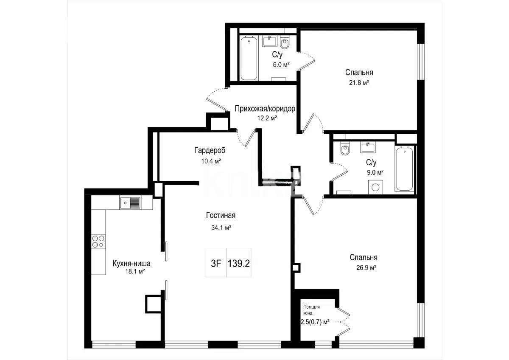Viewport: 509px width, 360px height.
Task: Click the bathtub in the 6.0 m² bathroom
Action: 249,59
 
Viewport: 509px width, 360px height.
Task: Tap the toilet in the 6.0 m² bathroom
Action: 285,43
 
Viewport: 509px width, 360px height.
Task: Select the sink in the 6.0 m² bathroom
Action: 270,41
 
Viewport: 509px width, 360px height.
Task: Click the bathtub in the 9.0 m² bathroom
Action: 405,169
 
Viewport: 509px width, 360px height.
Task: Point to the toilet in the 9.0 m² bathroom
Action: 345,150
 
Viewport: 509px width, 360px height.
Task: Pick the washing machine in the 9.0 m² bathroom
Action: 375,187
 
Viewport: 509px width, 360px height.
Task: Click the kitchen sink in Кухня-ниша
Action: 130,203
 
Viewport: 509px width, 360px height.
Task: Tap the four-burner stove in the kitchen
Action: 98,242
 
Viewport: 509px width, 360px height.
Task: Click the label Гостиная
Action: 221,216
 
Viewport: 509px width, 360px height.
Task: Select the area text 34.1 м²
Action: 221,228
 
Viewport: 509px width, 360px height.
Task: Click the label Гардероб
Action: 210,150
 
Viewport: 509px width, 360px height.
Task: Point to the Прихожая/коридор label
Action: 265,109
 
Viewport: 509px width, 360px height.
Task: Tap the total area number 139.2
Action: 239,263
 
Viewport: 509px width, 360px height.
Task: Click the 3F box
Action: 216,263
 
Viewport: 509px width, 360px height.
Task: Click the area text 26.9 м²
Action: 364,268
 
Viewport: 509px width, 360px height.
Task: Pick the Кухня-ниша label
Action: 131,263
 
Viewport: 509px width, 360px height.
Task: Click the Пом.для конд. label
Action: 312,310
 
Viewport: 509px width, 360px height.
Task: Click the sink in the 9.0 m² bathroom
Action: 367,148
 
